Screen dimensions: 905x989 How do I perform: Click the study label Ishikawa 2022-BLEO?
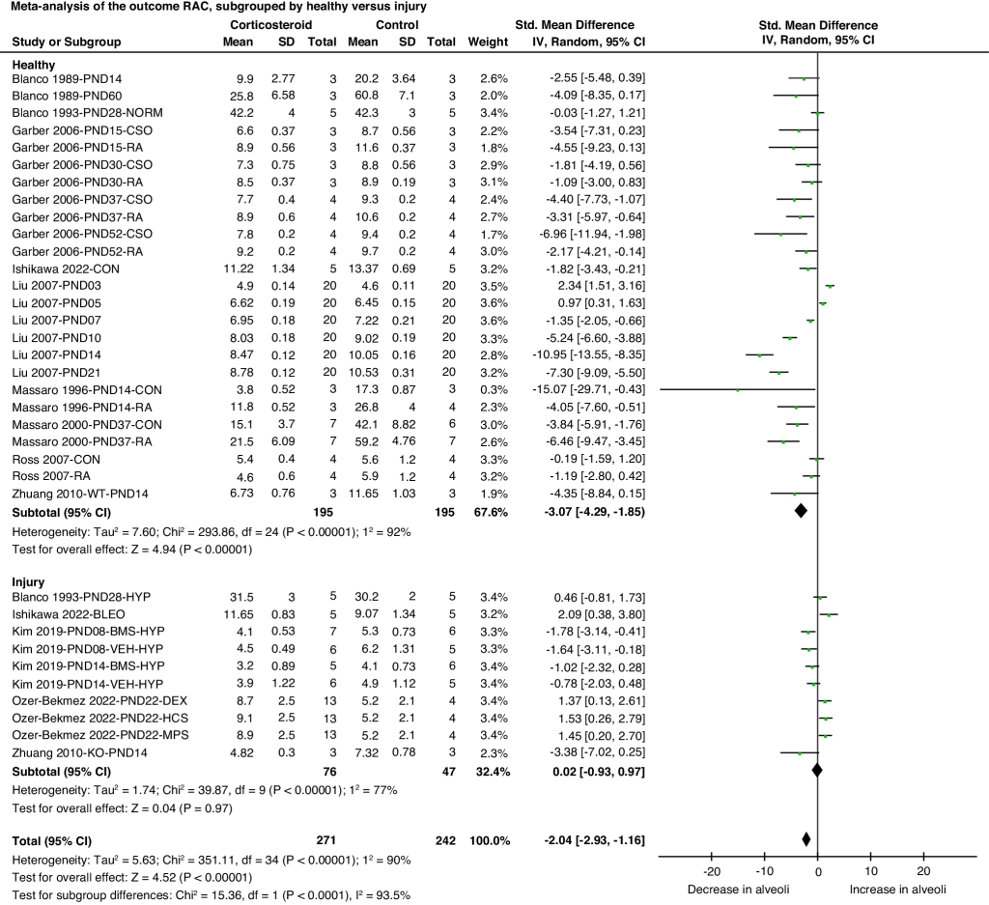pos(65,613)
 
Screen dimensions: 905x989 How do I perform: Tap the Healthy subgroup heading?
pos(33,63)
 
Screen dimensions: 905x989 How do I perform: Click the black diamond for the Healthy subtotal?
pos(802,511)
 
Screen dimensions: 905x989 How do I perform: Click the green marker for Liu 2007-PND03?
pos(831,286)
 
